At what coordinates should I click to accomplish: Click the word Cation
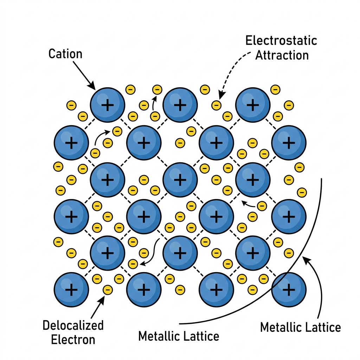point(65,54)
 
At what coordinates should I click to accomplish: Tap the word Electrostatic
point(281,41)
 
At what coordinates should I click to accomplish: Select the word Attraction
point(282,55)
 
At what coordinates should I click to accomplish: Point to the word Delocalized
point(73,325)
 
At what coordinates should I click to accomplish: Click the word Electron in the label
point(73,340)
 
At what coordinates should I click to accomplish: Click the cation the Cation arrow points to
point(108,105)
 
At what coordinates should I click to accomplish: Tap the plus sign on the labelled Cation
point(108,105)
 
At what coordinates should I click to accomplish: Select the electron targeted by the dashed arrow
point(216,105)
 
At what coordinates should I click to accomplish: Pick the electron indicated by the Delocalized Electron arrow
point(108,290)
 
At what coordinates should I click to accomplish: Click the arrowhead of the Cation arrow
point(92,86)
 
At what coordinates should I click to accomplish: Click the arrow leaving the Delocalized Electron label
point(98,307)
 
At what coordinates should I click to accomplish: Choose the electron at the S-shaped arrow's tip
point(133,264)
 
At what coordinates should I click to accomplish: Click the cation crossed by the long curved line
point(289,290)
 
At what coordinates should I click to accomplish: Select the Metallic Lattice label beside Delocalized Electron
point(179,336)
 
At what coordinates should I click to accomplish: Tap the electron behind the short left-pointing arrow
point(262,206)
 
